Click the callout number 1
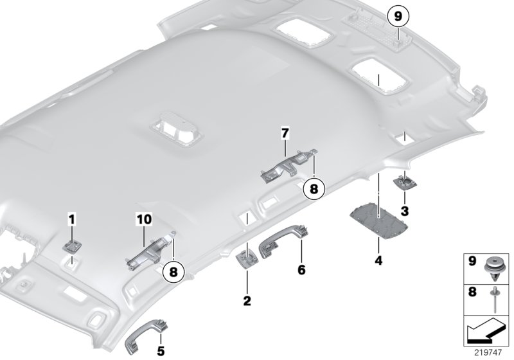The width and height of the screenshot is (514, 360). click(x=72, y=220)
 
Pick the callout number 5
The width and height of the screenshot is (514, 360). click(x=160, y=351)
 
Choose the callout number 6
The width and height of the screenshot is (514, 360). click(x=300, y=271)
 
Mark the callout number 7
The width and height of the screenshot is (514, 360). click(x=285, y=133)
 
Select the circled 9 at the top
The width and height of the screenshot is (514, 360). click(x=397, y=14)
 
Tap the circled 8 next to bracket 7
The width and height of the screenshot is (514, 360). click(x=314, y=188)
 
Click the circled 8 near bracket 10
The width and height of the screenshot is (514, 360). click(x=173, y=273)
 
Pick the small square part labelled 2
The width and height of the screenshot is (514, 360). click(x=247, y=258)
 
